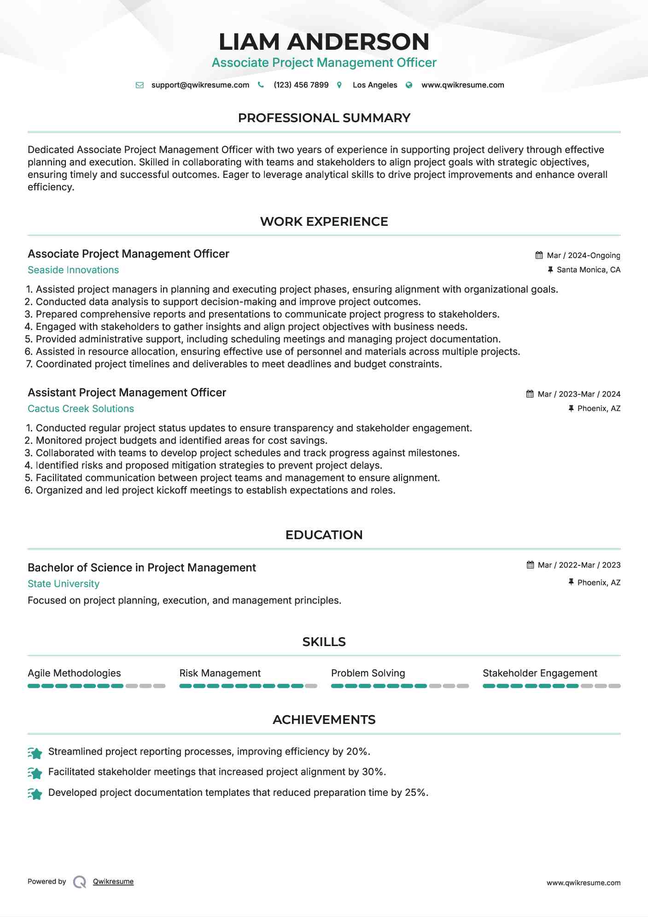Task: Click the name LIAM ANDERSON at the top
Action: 324,42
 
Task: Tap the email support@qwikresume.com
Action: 200,85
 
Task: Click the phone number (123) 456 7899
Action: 301,85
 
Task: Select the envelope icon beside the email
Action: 140,85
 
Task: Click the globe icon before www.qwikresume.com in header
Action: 409,85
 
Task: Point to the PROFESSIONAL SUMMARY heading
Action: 324,118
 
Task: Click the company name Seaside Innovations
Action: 73,270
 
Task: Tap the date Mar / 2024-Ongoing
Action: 583,255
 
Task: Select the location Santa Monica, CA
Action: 588,270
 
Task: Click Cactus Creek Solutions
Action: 81,409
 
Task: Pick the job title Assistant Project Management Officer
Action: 127,393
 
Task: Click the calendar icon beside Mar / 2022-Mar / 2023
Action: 530,565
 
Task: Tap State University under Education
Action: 64,584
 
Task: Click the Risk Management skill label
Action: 220,673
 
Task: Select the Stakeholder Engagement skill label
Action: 540,673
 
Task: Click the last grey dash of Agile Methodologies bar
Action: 159,686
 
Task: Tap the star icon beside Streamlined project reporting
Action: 35,752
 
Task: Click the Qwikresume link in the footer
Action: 113,882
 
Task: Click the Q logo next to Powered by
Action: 80,882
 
